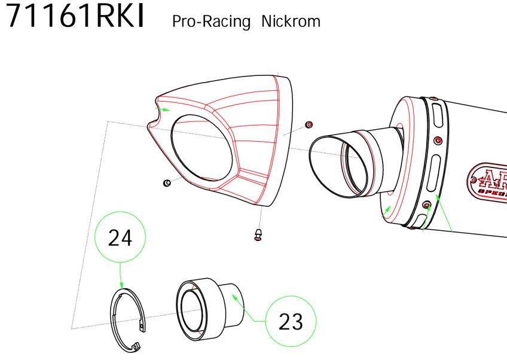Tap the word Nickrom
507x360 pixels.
291,22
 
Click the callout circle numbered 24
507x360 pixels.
120,238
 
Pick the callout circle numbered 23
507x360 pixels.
291,322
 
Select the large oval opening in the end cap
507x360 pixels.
201,152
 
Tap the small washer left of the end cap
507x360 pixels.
167,182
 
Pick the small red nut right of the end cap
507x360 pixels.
309,124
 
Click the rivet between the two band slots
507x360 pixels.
438,141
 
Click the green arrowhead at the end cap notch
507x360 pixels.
167,110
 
